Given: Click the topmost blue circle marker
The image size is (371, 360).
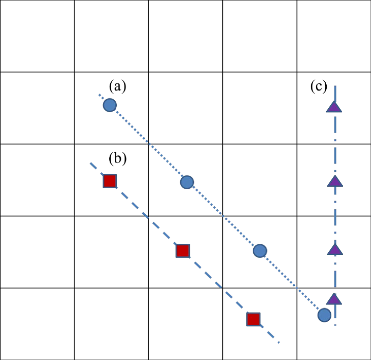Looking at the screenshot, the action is click(110, 105).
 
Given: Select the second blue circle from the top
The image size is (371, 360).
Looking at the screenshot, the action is click(187, 182).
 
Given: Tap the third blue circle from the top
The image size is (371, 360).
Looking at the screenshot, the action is click(260, 251).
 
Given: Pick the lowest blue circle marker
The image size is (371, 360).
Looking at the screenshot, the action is click(324, 315).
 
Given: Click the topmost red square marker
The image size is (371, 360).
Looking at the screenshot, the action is click(110, 181).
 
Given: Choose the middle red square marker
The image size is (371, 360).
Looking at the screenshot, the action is click(183, 251).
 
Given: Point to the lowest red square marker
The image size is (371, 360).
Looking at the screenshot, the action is click(253, 319).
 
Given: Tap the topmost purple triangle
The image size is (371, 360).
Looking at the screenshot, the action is click(334, 107).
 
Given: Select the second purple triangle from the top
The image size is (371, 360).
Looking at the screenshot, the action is click(335, 182).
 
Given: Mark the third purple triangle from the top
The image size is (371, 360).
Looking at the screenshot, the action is click(335, 250).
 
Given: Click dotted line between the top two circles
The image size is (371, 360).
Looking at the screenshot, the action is click(148, 144).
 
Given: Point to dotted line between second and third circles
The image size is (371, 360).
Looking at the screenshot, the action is click(224, 217).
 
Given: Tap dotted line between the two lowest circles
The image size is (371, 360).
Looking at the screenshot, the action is click(292, 283).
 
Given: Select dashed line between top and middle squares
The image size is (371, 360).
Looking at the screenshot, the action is click(146, 216).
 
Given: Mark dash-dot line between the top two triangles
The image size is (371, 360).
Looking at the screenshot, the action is click(335, 144).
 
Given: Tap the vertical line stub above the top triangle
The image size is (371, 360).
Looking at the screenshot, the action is click(335, 93).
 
